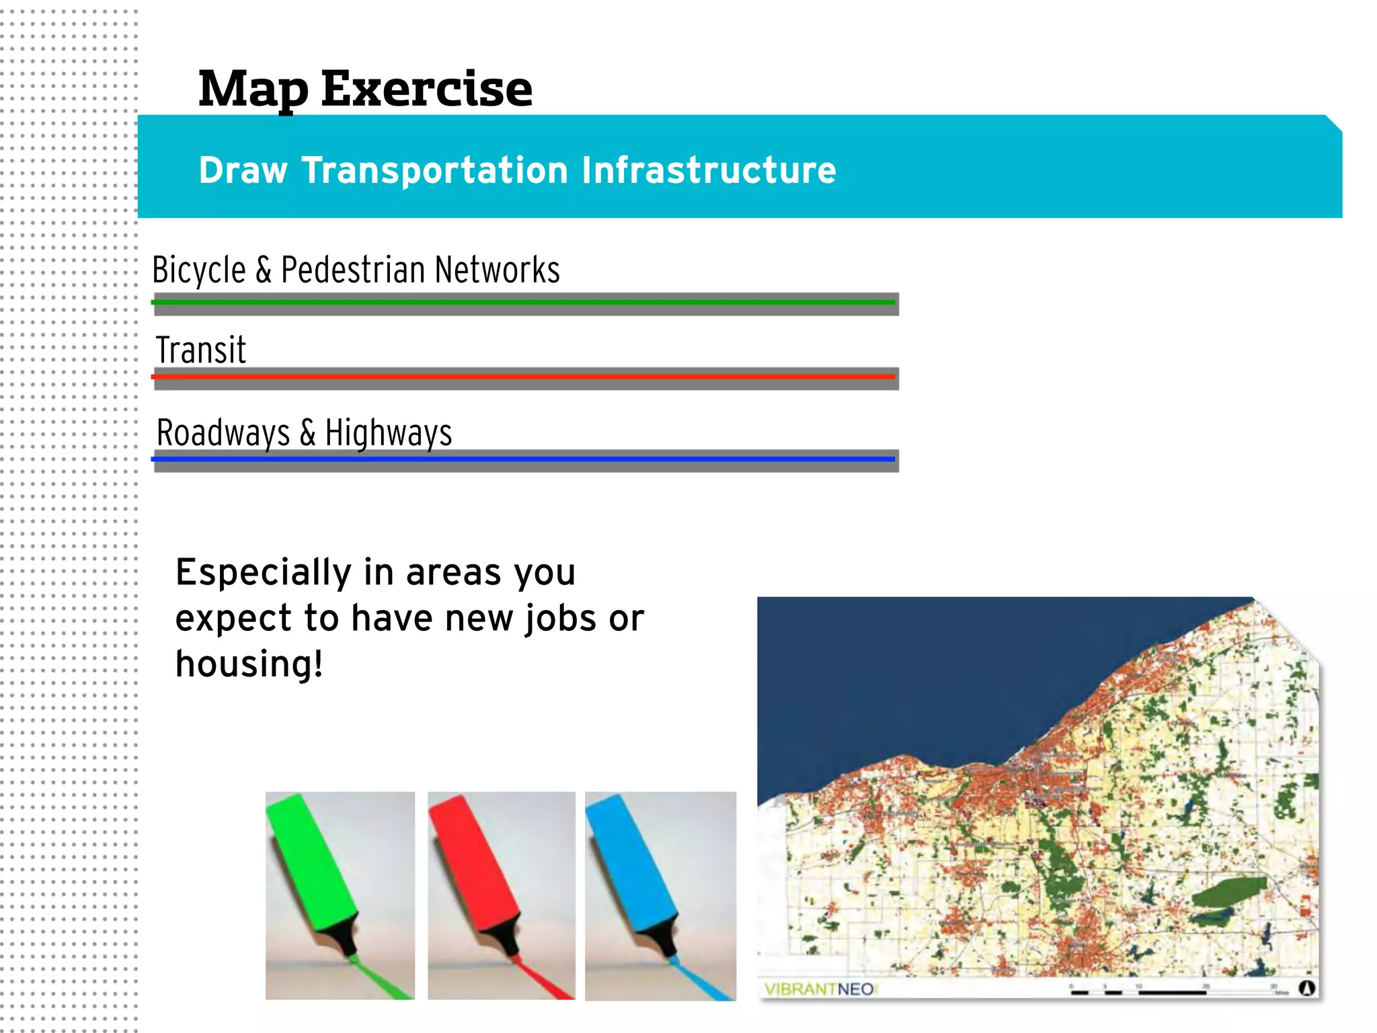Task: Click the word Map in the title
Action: point(253,89)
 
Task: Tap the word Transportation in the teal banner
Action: point(435,170)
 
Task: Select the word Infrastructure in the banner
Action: point(709,170)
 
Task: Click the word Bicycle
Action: point(198,270)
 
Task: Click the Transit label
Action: point(201,350)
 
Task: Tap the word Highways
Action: point(388,432)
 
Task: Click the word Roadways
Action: point(223,432)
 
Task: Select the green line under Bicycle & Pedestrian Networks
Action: point(524,303)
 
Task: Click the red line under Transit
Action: point(524,377)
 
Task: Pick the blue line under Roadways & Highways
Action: point(524,459)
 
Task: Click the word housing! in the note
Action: point(249,664)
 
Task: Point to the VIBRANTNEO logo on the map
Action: point(819,989)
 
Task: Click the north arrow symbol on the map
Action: point(1306,988)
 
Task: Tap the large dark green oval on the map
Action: point(1229,891)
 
